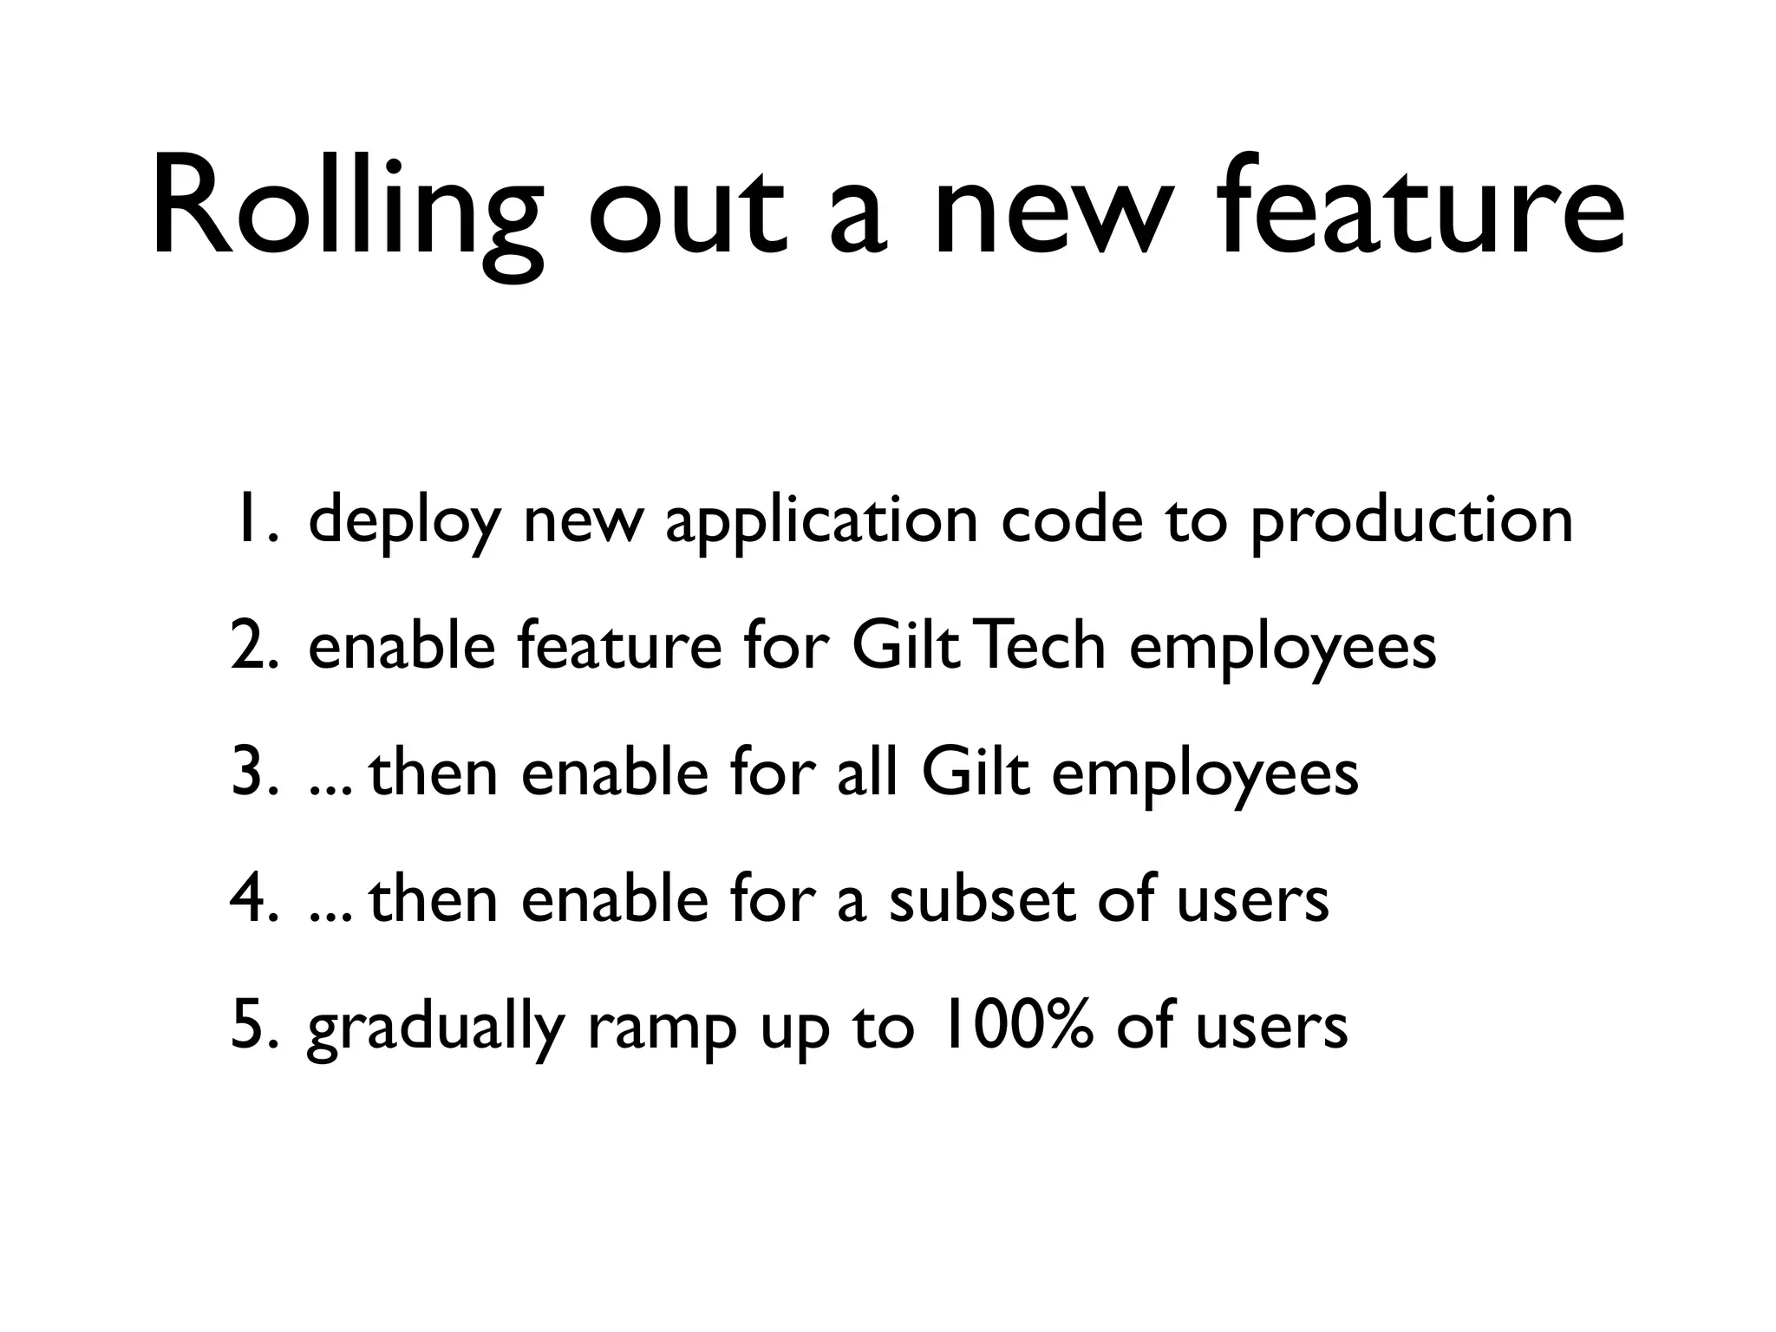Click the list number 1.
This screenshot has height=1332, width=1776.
pyautogui.click(x=254, y=521)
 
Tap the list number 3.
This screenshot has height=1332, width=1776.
pyautogui.click(x=254, y=774)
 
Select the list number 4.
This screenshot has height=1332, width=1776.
pyautogui.click(x=254, y=900)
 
